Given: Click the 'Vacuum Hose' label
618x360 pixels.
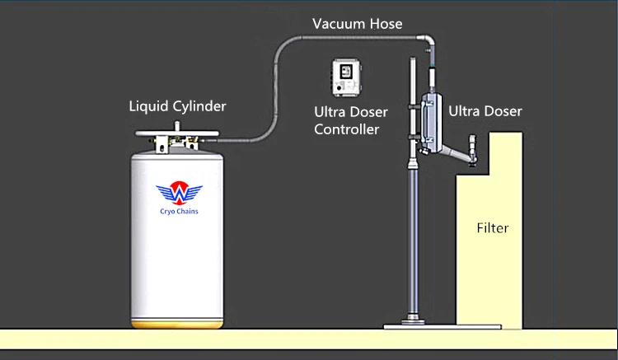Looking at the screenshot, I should pos(357,24).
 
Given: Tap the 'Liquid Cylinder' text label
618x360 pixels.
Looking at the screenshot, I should pos(177,106).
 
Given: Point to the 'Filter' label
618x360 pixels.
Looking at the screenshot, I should pos(493,227).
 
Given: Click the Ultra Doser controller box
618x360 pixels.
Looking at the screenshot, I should pos(345,76).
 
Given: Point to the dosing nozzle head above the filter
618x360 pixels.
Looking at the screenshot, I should pos(473,148).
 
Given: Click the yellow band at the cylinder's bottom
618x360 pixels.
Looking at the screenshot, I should pos(177,320).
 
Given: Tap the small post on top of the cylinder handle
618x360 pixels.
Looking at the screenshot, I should pos(176,125).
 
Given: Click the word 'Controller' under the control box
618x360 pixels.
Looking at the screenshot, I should pos(346,129).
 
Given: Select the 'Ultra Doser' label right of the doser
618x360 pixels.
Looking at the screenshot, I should pos(485,111).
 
